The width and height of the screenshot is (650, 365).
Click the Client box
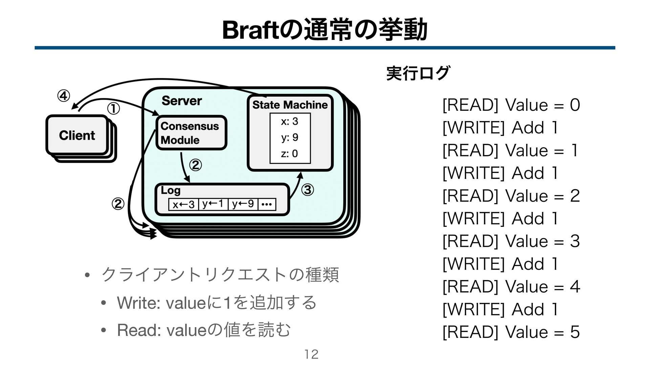tap(77, 135)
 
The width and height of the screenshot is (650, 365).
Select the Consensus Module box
tap(191, 133)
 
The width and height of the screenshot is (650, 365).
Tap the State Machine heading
tap(290, 105)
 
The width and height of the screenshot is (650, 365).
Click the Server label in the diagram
tap(181, 100)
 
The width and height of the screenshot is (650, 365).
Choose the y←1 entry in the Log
tap(213, 204)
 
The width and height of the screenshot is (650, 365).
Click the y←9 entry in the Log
tap(243, 204)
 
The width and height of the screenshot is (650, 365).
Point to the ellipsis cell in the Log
tap(267, 204)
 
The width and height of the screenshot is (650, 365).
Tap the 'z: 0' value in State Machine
tap(289, 154)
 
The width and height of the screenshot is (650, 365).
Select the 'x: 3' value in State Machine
tap(289, 121)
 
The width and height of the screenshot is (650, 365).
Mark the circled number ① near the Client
tap(114, 109)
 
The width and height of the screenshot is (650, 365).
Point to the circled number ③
tap(308, 190)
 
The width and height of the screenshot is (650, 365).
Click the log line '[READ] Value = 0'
tap(511, 105)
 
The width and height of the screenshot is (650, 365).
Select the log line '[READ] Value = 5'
tap(511, 332)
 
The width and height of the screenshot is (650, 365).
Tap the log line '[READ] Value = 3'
tap(511, 241)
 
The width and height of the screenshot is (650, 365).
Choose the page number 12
tap(311, 354)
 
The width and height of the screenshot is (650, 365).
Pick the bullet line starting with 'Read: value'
tap(203, 330)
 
